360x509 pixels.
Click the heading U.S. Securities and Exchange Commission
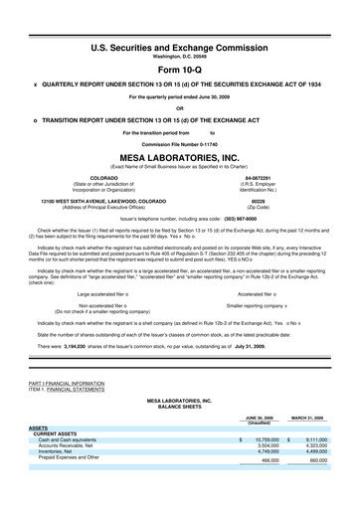[180, 47]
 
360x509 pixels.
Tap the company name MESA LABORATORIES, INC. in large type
[180, 158]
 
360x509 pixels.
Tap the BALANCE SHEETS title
[180, 406]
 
